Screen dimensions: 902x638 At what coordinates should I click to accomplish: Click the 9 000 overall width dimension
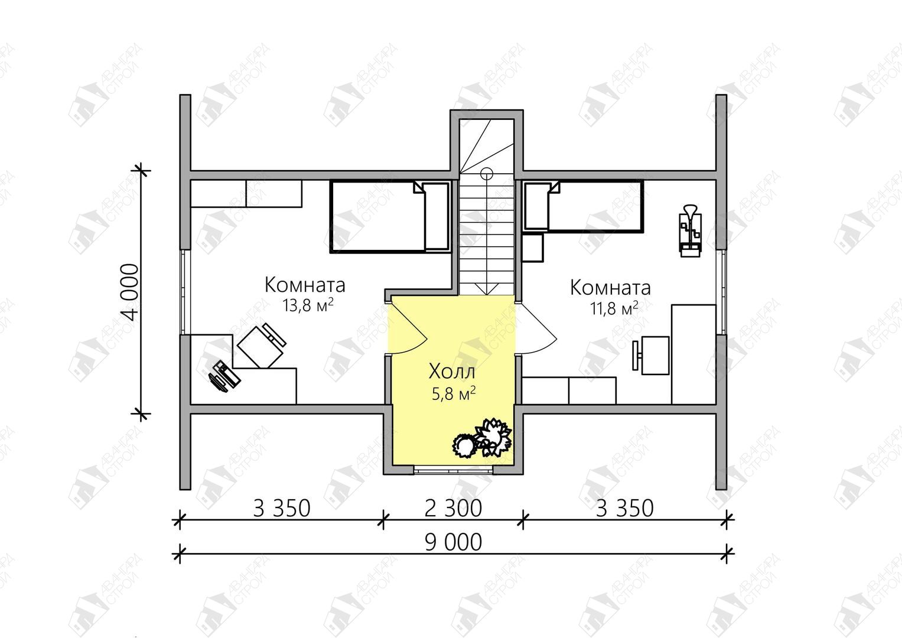click(x=453, y=542)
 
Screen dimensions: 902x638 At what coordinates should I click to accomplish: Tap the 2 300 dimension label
click(x=453, y=508)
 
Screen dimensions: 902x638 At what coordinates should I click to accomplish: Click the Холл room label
click(x=452, y=372)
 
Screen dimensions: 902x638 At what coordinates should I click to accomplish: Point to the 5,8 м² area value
click(x=454, y=393)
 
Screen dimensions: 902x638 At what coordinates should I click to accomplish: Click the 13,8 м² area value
click(x=308, y=305)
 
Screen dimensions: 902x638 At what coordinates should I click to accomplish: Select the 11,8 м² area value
click(x=614, y=308)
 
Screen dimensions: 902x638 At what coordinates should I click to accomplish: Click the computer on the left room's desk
click(x=224, y=376)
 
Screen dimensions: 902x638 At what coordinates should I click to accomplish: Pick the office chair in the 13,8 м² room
click(x=262, y=346)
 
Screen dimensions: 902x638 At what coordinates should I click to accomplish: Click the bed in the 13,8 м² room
click(x=390, y=217)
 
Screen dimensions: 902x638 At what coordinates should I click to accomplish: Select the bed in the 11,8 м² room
click(x=582, y=207)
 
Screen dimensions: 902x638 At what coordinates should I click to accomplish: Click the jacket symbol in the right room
click(x=690, y=230)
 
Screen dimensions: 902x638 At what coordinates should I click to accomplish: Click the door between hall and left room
click(x=407, y=326)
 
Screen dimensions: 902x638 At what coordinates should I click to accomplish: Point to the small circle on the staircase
click(x=487, y=173)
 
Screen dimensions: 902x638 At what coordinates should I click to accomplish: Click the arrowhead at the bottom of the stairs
click(x=487, y=289)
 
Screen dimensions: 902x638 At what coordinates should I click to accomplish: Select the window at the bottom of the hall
click(x=454, y=470)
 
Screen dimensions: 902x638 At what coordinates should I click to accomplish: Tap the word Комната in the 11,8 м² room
click(x=610, y=288)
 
